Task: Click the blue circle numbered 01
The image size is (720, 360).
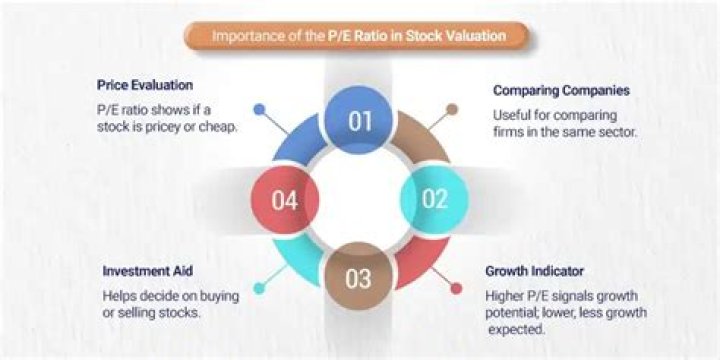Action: pos(360,121)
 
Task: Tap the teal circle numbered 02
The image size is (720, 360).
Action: pos(434,198)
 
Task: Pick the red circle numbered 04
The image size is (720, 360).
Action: pos(284,199)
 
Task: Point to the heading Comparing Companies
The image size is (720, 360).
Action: pos(561,90)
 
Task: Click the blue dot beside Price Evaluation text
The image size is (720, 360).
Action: pos(260,108)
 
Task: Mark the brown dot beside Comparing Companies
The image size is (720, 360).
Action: pos(453,109)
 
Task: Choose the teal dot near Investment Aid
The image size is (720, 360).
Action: pos(259,288)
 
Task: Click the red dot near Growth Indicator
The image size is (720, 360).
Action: pos(457,288)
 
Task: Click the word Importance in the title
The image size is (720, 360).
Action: pos(243,37)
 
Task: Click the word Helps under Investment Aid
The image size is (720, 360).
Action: pos(120,296)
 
